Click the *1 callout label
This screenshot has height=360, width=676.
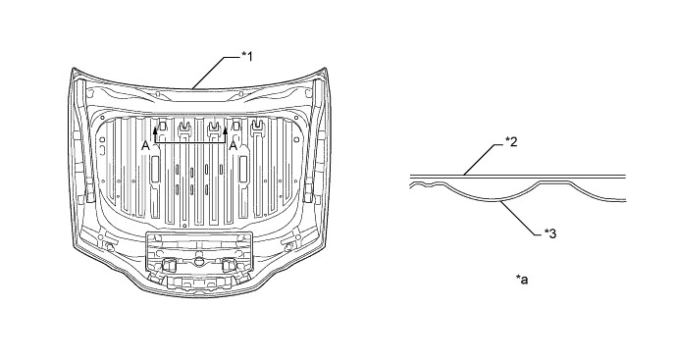(x=247, y=56)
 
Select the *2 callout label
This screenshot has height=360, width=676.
(x=511, y=142)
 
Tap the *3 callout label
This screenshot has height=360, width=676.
(x=550, y=233)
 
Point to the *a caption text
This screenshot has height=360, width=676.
(x=522, y=280)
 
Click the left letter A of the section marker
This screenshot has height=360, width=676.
(x=146, y=146)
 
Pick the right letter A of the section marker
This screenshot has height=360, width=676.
(x=234, y=146)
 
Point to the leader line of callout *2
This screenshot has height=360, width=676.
(x=484, y=160)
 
